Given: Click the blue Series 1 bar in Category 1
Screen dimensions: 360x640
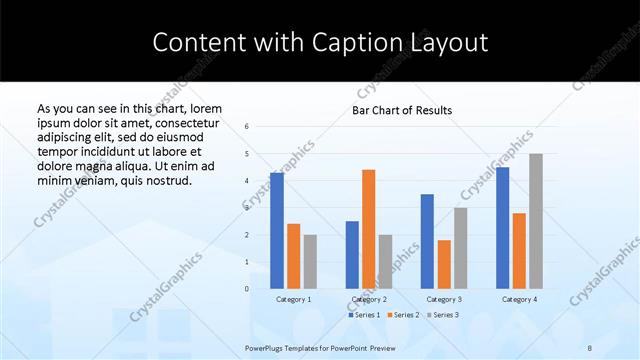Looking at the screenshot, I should (277, 230).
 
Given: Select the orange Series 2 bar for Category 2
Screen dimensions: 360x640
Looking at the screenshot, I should (368, 229).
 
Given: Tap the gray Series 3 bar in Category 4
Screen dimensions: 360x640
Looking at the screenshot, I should (536, 221).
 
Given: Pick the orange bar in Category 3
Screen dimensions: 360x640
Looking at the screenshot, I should (444, 264).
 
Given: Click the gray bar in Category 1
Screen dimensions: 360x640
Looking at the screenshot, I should (310, 262).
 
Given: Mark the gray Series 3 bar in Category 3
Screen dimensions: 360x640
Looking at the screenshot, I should (460, 248).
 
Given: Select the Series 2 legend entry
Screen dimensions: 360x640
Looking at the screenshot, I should (402, 315).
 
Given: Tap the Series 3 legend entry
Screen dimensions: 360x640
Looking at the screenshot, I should (442, 315).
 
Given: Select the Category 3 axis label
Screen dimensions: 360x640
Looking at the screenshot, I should (444, 299).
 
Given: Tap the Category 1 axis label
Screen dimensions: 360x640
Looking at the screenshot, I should (293, 299).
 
